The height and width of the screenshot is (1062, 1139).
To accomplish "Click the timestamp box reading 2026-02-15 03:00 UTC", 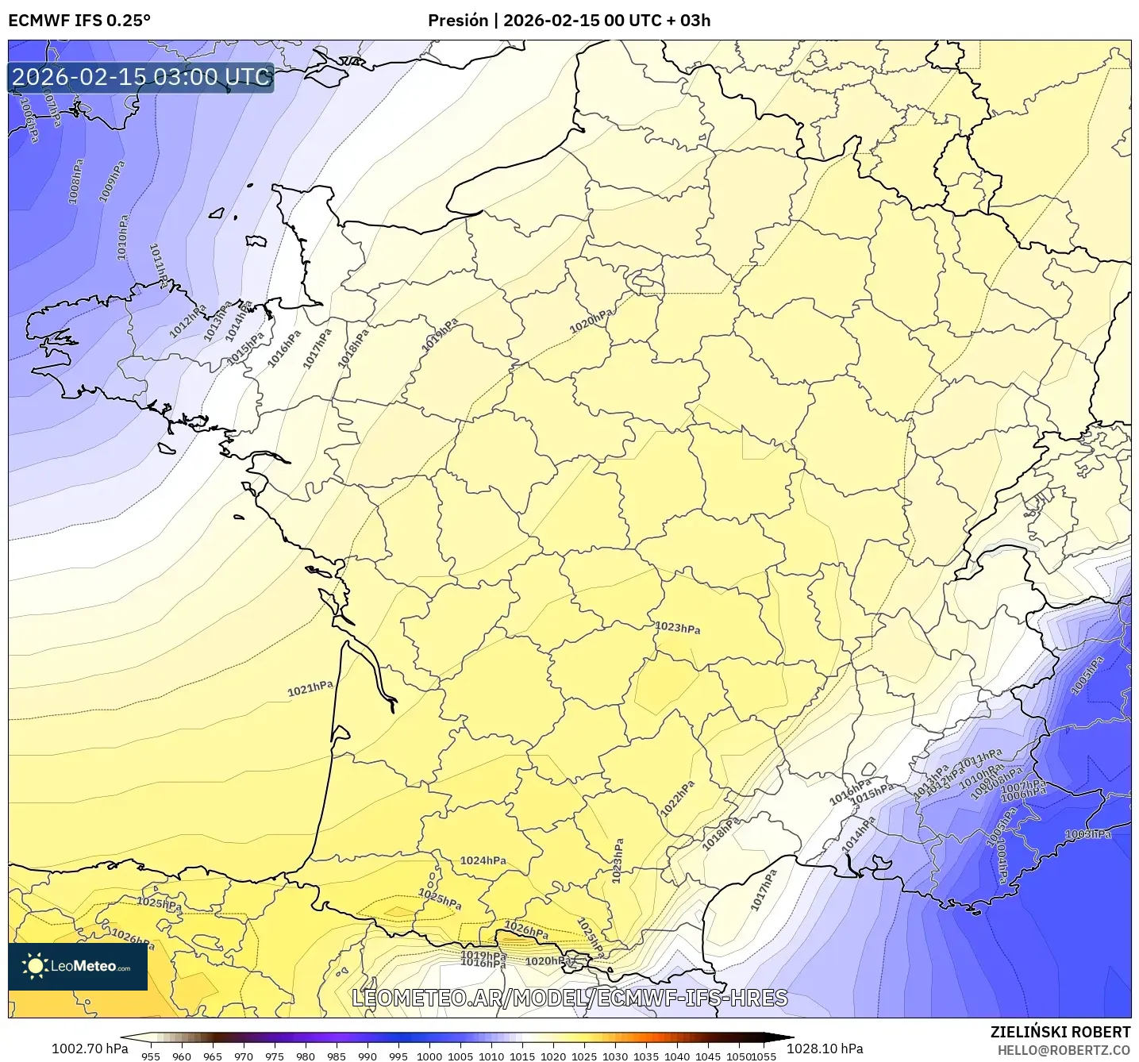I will (x=141, y=77).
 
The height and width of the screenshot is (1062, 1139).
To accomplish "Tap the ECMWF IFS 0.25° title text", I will (x=79, y=21).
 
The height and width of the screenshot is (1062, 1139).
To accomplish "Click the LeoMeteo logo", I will (x=78, y=966).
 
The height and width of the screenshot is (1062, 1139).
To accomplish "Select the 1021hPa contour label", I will (x=310, y=688).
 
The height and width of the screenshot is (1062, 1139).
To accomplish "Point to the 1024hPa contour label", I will (x=483, y=860).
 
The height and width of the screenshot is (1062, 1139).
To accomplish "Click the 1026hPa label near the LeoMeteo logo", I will (x=133, y=939).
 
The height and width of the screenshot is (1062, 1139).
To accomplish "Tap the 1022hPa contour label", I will (x=677, y=798).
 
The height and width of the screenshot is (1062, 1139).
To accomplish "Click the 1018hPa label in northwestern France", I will (x=354, y=349).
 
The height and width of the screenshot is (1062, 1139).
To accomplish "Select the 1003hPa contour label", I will (x=1088, y=834).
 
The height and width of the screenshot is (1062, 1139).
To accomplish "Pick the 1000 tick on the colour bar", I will (x=429, y=1056).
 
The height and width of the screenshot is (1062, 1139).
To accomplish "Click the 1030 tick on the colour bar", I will (x=615, y=1056).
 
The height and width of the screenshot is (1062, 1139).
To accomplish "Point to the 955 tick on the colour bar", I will (x=151, y=1056).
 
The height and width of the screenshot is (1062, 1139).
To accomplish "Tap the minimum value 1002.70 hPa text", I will (x=90, y=1049).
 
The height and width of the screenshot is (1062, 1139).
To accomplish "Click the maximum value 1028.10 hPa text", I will (x=825, y=1049).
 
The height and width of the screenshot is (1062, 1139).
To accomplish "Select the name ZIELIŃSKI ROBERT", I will (x=1060, y=1032).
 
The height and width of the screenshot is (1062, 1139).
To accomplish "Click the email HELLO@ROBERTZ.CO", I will (x=1064, y=1050).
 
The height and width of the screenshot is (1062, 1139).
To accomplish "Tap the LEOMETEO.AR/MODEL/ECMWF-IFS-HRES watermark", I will (x=569, y=998).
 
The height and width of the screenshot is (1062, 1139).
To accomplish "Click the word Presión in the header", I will (x=458, y=21).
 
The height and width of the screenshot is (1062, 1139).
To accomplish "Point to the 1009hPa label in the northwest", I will (x=112, y=182).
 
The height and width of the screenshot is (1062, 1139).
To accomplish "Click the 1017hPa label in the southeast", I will (x=764, y=889).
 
